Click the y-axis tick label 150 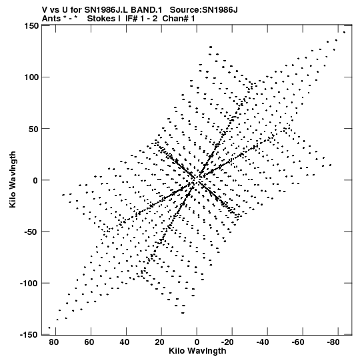coord(32,26)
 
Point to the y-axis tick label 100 coord(32,77)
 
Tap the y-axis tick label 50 coord(33,129)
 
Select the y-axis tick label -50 coord(31,232)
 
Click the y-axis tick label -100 coord(29,284)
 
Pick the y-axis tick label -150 coord(29,335)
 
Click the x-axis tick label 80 coord(53,342)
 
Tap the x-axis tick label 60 coord(89,342)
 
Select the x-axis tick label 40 coord(124,342)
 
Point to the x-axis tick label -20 coord(227,342)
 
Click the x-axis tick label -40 coord(263,342)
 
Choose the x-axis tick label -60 coord(298,342)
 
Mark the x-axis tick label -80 coord(333,342)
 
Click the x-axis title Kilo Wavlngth coord(197,351)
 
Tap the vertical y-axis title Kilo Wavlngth coord(13,179)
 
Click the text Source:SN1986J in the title coord(203,10)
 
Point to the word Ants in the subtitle coord(51,19)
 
